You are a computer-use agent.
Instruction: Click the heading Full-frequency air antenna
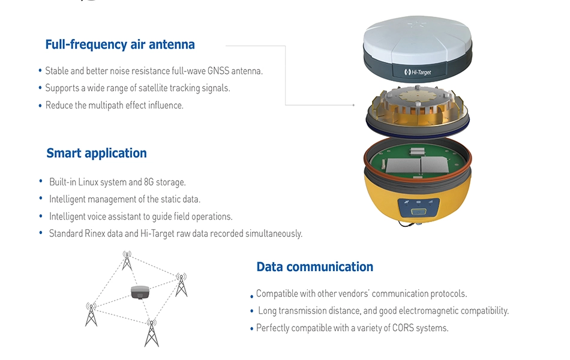[x=120, y=44]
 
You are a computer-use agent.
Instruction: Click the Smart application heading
[x=97, y=153]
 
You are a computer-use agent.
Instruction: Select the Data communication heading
[x=315, y=266]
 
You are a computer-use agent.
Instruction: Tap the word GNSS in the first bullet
[x=218, y=71]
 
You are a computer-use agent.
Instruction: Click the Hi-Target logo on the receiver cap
[x=418, y=72]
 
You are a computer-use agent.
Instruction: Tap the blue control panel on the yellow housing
[x=418, y=208]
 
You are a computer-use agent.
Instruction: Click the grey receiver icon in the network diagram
[x=140, y=292]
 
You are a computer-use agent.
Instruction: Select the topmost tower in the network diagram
[x=127, y=260]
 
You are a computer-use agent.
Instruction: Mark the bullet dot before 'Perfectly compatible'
[x=251, y=329]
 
